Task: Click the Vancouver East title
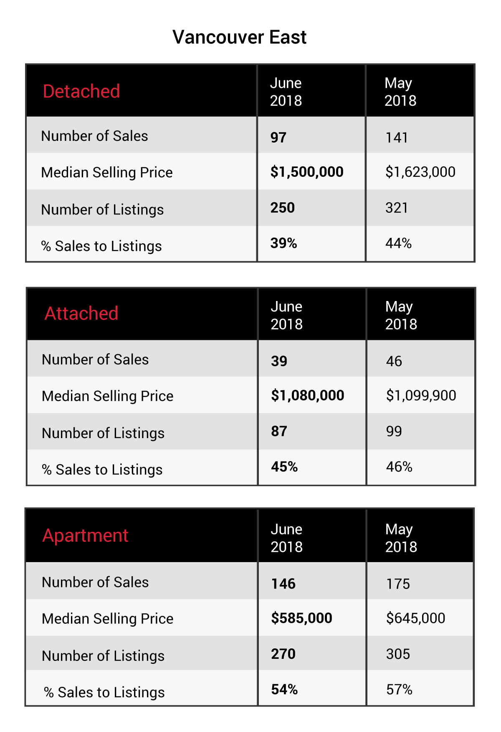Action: [239, 37]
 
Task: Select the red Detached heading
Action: [81, 91]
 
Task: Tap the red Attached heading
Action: [81, 313]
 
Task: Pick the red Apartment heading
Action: [86, 536]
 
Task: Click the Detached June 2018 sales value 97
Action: [278, 138]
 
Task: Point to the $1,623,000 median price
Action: [420, 172]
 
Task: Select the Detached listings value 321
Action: [397, 208]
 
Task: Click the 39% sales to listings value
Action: [284, 243]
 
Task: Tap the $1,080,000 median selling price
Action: [308, 395]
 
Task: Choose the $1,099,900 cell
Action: [421, 395]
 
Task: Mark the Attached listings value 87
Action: [279, 431]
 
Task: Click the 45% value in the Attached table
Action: [284, 467]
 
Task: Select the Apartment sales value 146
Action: [283, 584]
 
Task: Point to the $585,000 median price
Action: [302, 618]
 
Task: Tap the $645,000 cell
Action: [416, 618]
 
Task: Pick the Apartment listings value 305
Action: [398, 654]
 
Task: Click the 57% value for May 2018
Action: [400, 689]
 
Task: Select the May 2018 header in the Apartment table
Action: [401, 538]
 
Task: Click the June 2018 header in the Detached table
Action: [286, 92]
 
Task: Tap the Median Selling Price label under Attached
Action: [108, 396]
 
